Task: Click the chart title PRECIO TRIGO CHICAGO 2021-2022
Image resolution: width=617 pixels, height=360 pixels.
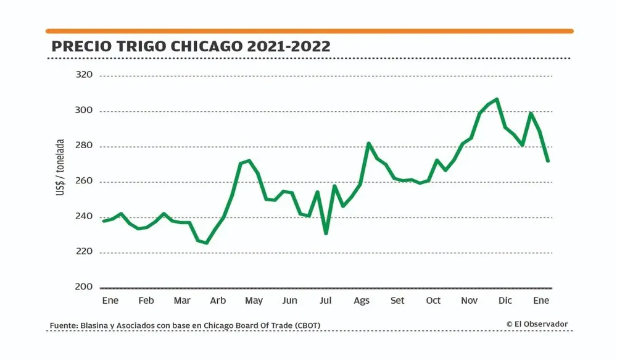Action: [x=191, y=46]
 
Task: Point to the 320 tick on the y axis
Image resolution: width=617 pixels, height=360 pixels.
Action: [x=83, y=75]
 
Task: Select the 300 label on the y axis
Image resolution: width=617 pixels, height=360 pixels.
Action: [x=83, y=111]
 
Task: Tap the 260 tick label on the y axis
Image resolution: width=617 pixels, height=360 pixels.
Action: [x=83, y=182]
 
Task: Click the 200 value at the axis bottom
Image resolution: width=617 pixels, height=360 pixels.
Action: [x=83, y=287]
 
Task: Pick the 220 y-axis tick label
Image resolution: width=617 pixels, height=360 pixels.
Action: [x=83, y=252]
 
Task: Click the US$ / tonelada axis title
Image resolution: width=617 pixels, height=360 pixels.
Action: [x=60, y=167]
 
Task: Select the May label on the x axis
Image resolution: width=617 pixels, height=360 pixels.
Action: [x=254, y=301]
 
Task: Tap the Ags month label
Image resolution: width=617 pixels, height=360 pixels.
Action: [x=362, y=301]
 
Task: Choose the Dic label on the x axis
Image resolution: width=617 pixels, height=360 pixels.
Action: [x=505, y=301]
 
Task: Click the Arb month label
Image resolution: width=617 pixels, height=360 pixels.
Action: [x=218, y=301]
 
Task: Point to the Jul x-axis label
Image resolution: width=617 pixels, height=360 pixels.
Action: [x=326, y=301]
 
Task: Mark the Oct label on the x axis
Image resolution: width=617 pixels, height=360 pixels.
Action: [x=433, y=301]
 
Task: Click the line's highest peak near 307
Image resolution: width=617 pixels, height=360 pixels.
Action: [x=497, y=99]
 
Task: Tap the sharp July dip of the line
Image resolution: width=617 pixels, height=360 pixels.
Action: [x=326, y=233]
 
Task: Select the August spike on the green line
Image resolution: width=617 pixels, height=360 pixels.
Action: [x=368, y=144]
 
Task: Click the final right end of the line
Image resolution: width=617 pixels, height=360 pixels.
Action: [x=547, y=161]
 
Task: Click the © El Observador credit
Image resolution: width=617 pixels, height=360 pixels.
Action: [x=537, y=324]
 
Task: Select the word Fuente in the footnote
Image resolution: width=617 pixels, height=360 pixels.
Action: [x=63, y=325]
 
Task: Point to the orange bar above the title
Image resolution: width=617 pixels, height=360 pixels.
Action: [x=309, y=31]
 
